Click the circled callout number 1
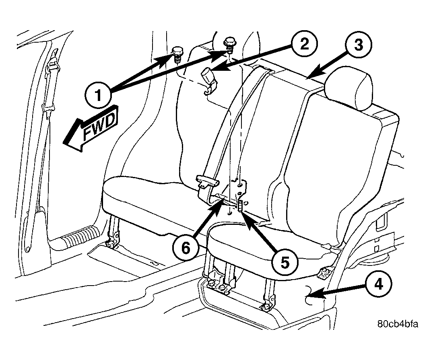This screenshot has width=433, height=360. pyautogui.click(x=98, y=95)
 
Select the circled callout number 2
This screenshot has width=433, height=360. pyautogui.click(x=304, y=44)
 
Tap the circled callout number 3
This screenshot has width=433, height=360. pyautogui.click(x=359, y=45)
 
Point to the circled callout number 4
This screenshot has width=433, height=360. pyautogui.click(x=379, y=284)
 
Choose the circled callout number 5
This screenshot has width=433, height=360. pyautogui.click(x=285, y=263)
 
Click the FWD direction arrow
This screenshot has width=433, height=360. pyautogui.click(x=91, y=128)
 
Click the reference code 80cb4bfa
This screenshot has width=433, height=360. pyautogui.click(x=398, y=324)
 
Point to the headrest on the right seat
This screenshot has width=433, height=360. pyautogui.click(x=350, y=88)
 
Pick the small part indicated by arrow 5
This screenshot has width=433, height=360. pyautogui.click(x=240, y=206)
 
